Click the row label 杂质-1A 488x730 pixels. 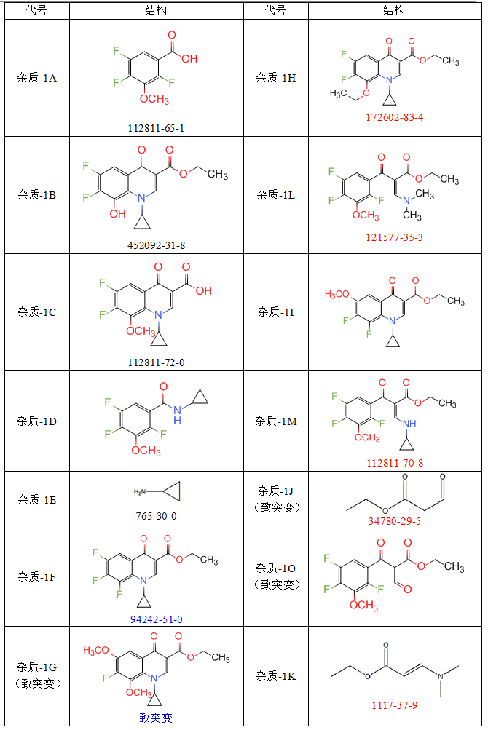point(37,77)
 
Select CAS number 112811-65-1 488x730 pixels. point(157,127)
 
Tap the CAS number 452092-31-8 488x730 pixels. point(157,245)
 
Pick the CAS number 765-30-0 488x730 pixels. point(156,515)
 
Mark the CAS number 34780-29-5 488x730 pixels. point(395,521)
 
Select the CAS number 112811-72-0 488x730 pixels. point(157,362)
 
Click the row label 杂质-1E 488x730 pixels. point(37,499)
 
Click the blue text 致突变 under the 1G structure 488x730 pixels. point(156,717)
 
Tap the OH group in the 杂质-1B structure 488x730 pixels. point(117,214)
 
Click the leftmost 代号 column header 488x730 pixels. point(37,11)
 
